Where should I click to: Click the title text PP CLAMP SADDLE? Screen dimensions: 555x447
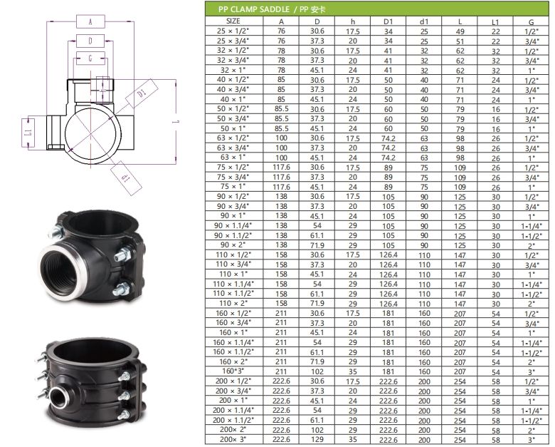(x=253, y=9)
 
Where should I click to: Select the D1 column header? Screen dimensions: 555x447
(x=388, y=21)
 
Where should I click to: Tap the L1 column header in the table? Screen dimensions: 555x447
(x=495, y=22)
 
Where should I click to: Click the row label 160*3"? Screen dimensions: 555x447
(x=233, y=371)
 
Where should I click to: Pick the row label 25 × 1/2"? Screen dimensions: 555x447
(x=233, y=31)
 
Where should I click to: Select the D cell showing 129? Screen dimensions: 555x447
(x=317, y=439)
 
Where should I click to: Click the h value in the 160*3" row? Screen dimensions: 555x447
(x=353, y=371)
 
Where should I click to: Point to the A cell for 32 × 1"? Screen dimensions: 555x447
(x=281, y=70)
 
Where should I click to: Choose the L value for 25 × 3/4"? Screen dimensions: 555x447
(x=460, y=41)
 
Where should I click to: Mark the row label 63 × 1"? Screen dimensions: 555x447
(x=233, y=157)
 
